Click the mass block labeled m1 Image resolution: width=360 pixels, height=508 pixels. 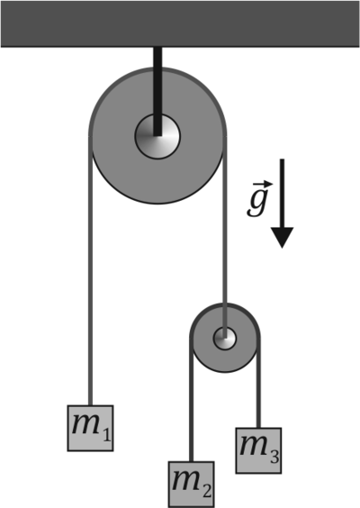(x=90, y=428)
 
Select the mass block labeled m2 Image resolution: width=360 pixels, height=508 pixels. (x=191, y=485)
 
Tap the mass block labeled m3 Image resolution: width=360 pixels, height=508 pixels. (x=258, y=450)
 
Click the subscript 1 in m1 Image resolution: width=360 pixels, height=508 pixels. (x=106, y=436)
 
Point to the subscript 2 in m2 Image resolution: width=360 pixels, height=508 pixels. (x=207, y=492)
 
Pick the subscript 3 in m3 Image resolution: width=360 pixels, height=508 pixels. (x=274, y=458)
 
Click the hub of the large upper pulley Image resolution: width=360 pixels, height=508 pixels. (x=157, y=136)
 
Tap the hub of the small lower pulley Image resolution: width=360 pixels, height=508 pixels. (x=225, y=339)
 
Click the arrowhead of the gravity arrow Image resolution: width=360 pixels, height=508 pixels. (x=283, y=237)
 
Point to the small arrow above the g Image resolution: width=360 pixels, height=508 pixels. (x=263, y=184)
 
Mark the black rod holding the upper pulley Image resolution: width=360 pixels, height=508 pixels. (x=157, y=91)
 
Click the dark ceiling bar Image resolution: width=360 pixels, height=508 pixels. (x=180, y=23)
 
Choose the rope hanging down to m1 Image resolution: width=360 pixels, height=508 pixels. (x=90, y=270)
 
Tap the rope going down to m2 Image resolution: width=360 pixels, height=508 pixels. (x=191, y=400)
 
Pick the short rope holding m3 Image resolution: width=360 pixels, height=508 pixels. (x=258, y=383)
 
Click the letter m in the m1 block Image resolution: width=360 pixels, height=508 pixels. (x=85, y=424)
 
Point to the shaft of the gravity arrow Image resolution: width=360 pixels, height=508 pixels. (x=283, y=194)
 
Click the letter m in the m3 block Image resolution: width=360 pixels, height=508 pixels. (x=254, y=447)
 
